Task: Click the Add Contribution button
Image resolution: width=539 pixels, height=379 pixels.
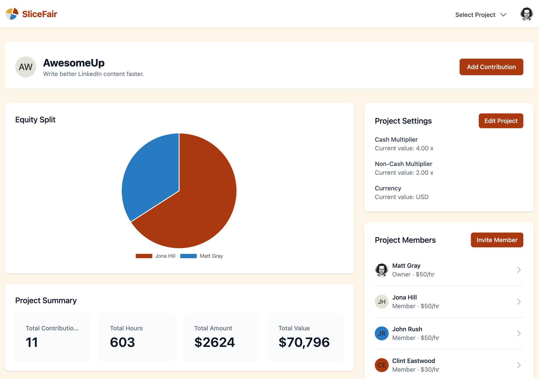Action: [491, 67]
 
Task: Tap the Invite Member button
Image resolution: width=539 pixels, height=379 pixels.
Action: [497, 240]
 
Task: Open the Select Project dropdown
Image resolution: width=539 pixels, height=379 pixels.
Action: [480, 15]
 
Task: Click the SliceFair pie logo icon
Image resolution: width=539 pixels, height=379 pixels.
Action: [12, 14]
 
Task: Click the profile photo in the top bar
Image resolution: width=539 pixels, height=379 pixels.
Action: [526, 14]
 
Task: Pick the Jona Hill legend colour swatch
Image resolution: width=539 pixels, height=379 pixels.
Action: [144, 256]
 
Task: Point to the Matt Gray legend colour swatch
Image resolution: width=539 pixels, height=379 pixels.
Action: [188, 256]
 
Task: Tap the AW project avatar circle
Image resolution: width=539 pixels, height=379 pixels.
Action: [26, 67]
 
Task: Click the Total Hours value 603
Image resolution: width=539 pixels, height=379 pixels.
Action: [122, 342]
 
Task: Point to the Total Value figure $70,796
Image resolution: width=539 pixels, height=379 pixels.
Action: [304, 342]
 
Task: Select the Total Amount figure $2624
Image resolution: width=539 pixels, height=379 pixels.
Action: [214, 342]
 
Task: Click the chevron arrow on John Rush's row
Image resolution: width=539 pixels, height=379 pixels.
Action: [519, 333]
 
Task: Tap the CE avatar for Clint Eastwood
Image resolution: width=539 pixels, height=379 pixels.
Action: [382, 365]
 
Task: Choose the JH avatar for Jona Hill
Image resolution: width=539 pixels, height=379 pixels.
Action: [382, 302]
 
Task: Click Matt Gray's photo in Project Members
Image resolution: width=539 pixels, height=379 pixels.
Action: [382, 270]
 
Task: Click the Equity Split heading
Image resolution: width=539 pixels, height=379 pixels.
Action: [35, 120]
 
